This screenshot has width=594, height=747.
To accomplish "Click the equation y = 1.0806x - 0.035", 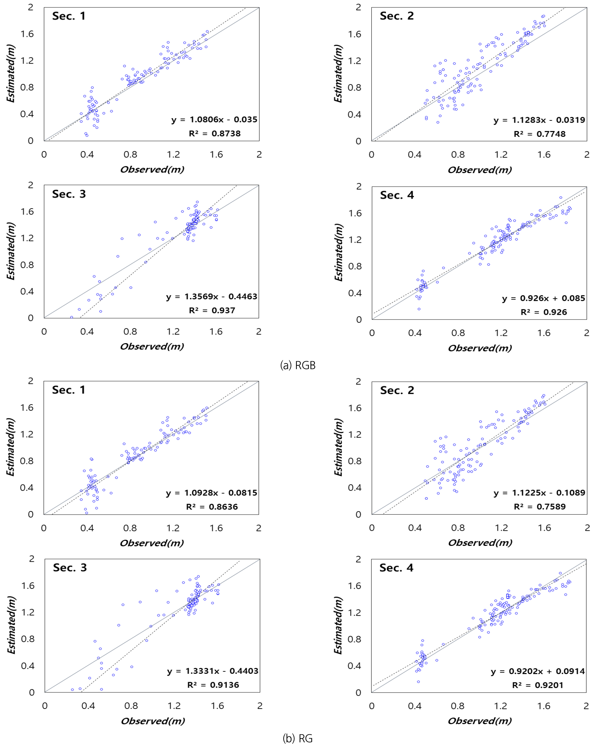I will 214,119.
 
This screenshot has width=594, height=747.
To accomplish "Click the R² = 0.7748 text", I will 539,134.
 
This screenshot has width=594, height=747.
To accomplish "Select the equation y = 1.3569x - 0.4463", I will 211,297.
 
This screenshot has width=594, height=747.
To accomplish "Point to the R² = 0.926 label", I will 544,312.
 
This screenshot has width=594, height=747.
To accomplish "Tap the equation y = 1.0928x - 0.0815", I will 211,493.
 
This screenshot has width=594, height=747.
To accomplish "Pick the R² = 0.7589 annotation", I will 539,507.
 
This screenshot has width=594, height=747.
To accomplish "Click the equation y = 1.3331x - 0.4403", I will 213,671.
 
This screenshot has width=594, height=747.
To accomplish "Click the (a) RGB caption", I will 297,365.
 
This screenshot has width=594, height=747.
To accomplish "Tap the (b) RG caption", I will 297,738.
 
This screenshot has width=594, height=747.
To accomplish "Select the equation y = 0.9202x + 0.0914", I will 538,671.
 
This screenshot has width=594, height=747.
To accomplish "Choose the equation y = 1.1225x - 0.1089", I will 539,493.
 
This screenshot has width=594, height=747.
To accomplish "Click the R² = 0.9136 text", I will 213,685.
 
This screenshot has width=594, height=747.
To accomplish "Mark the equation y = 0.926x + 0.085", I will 543,298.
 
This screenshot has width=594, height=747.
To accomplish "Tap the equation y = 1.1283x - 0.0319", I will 539,120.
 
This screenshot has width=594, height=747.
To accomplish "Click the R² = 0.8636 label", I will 212,507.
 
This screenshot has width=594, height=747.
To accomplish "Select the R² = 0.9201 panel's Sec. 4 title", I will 396,568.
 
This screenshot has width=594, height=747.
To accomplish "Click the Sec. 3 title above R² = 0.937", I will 69,194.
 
